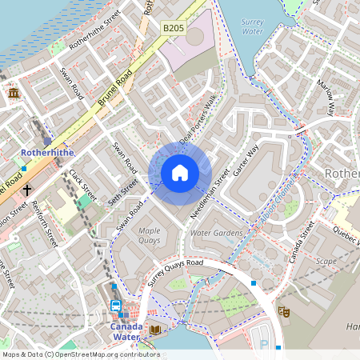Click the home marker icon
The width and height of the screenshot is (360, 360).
click(x=180, y=173)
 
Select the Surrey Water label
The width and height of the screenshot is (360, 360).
click(x=252, y=26)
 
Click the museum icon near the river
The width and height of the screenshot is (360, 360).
click(x=14, y=93)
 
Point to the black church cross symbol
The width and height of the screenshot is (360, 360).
click(x=27, y=190)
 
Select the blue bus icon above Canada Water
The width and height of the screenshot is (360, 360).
click(x=115, y=306)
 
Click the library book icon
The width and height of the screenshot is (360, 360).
click(x=155, y=330)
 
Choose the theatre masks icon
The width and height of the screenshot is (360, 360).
click(x=283, y=311)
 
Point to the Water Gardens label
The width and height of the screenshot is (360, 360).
click(x=215, y=233)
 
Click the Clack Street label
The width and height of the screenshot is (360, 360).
click(x=82, y=185)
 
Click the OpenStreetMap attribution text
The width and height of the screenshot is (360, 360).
click(x=81, y=354)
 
